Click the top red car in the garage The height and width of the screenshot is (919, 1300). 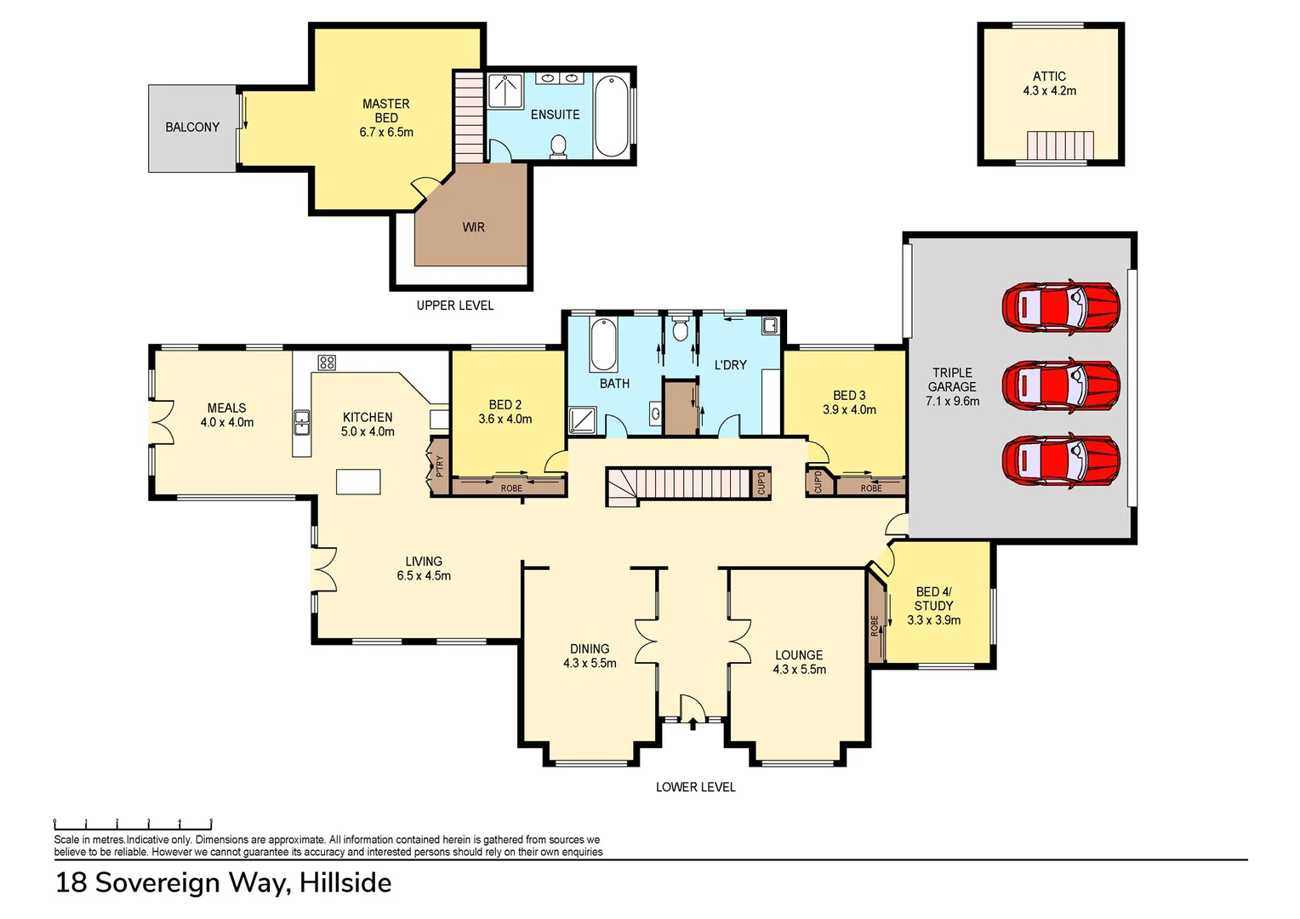point(1060,307)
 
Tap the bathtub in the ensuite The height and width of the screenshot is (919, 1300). point(611,117)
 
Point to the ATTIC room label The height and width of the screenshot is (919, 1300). point(1049,77)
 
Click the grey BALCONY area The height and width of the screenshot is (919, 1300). point(192,128)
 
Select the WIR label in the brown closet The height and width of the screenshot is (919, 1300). point(474,227)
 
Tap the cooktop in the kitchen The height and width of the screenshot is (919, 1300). point(327,362)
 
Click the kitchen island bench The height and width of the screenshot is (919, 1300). point(358,482)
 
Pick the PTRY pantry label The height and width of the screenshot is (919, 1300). point(440,466)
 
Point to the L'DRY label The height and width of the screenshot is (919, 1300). point(730,365)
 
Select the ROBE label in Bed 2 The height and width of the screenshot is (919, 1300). point(511,488)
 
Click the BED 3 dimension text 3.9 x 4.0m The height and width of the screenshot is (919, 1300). point(849,410)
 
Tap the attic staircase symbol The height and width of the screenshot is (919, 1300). point(1060,146)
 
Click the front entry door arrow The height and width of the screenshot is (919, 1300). point(693,724)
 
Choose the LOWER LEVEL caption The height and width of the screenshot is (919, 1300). point(695,787)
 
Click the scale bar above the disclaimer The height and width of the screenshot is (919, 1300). point(133,824)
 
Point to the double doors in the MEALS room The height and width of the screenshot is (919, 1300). point(162,422)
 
